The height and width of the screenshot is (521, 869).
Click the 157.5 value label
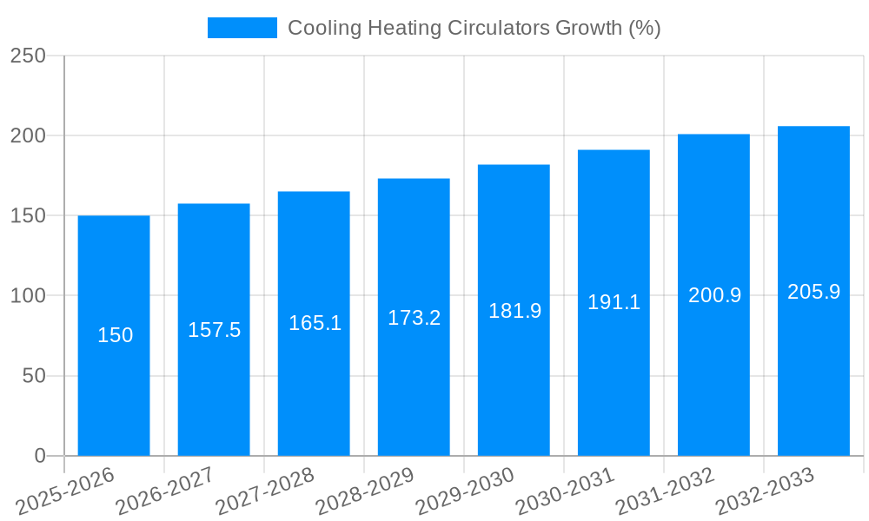(214, 330)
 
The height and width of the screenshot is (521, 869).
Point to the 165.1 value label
(315, 324)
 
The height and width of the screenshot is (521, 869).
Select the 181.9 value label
(514, 311)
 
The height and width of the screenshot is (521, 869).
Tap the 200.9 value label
(714, 295)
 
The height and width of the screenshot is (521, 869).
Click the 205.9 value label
(813, 292)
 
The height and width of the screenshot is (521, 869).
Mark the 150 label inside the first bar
(115, 335)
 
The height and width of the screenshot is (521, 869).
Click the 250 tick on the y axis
(28, 56)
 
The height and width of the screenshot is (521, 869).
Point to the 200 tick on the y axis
(28, 136)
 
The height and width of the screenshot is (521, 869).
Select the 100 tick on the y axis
(28, 296)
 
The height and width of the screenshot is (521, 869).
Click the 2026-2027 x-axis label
(165, 491)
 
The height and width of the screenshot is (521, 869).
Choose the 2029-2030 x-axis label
(465, 491)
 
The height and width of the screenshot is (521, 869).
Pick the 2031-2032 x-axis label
(665, 491)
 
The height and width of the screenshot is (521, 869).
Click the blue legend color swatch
(242, 28)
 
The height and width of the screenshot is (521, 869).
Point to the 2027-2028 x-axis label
(265, 491)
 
